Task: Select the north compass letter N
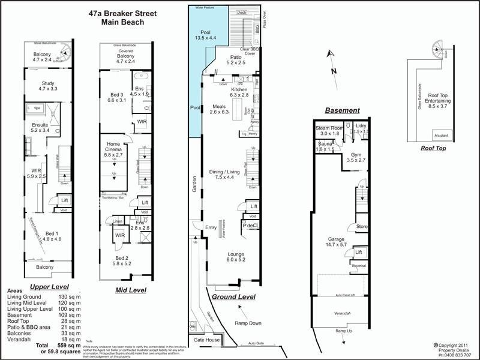tap(334, 71)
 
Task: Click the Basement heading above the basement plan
tap(342, 110)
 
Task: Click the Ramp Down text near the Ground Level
tap(248, 323)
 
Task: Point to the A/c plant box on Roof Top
tap(442, 136)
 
